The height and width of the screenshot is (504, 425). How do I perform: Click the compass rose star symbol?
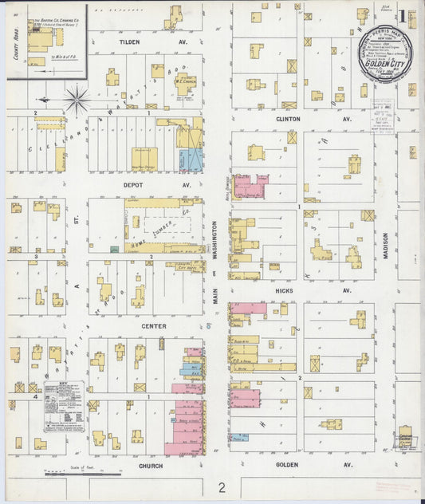(x=77, y=100)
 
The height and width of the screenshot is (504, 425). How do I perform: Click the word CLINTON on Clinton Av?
(x=288, y=119)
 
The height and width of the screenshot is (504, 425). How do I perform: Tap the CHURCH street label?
(x=150, y=466)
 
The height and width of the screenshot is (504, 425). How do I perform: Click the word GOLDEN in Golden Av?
(x=287, y=464)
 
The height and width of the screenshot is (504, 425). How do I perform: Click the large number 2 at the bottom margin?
(x=224, y=486)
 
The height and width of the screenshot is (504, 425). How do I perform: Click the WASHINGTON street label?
(x=215, y=247)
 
